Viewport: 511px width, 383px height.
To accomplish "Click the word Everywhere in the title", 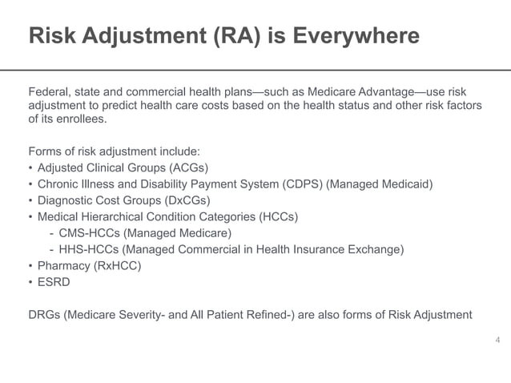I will [x=360, y=37].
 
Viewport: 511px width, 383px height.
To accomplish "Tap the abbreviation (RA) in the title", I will [x=239, y=37].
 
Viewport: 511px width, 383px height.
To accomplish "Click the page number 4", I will [x=497, y=341].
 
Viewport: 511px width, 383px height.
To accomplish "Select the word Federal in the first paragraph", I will [x=50, y=91].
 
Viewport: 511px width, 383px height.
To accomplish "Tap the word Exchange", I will [x=379, y=249].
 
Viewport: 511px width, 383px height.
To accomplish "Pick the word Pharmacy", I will [x=64, y=266].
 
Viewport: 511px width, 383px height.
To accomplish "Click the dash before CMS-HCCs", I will [x=51, y=233].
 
